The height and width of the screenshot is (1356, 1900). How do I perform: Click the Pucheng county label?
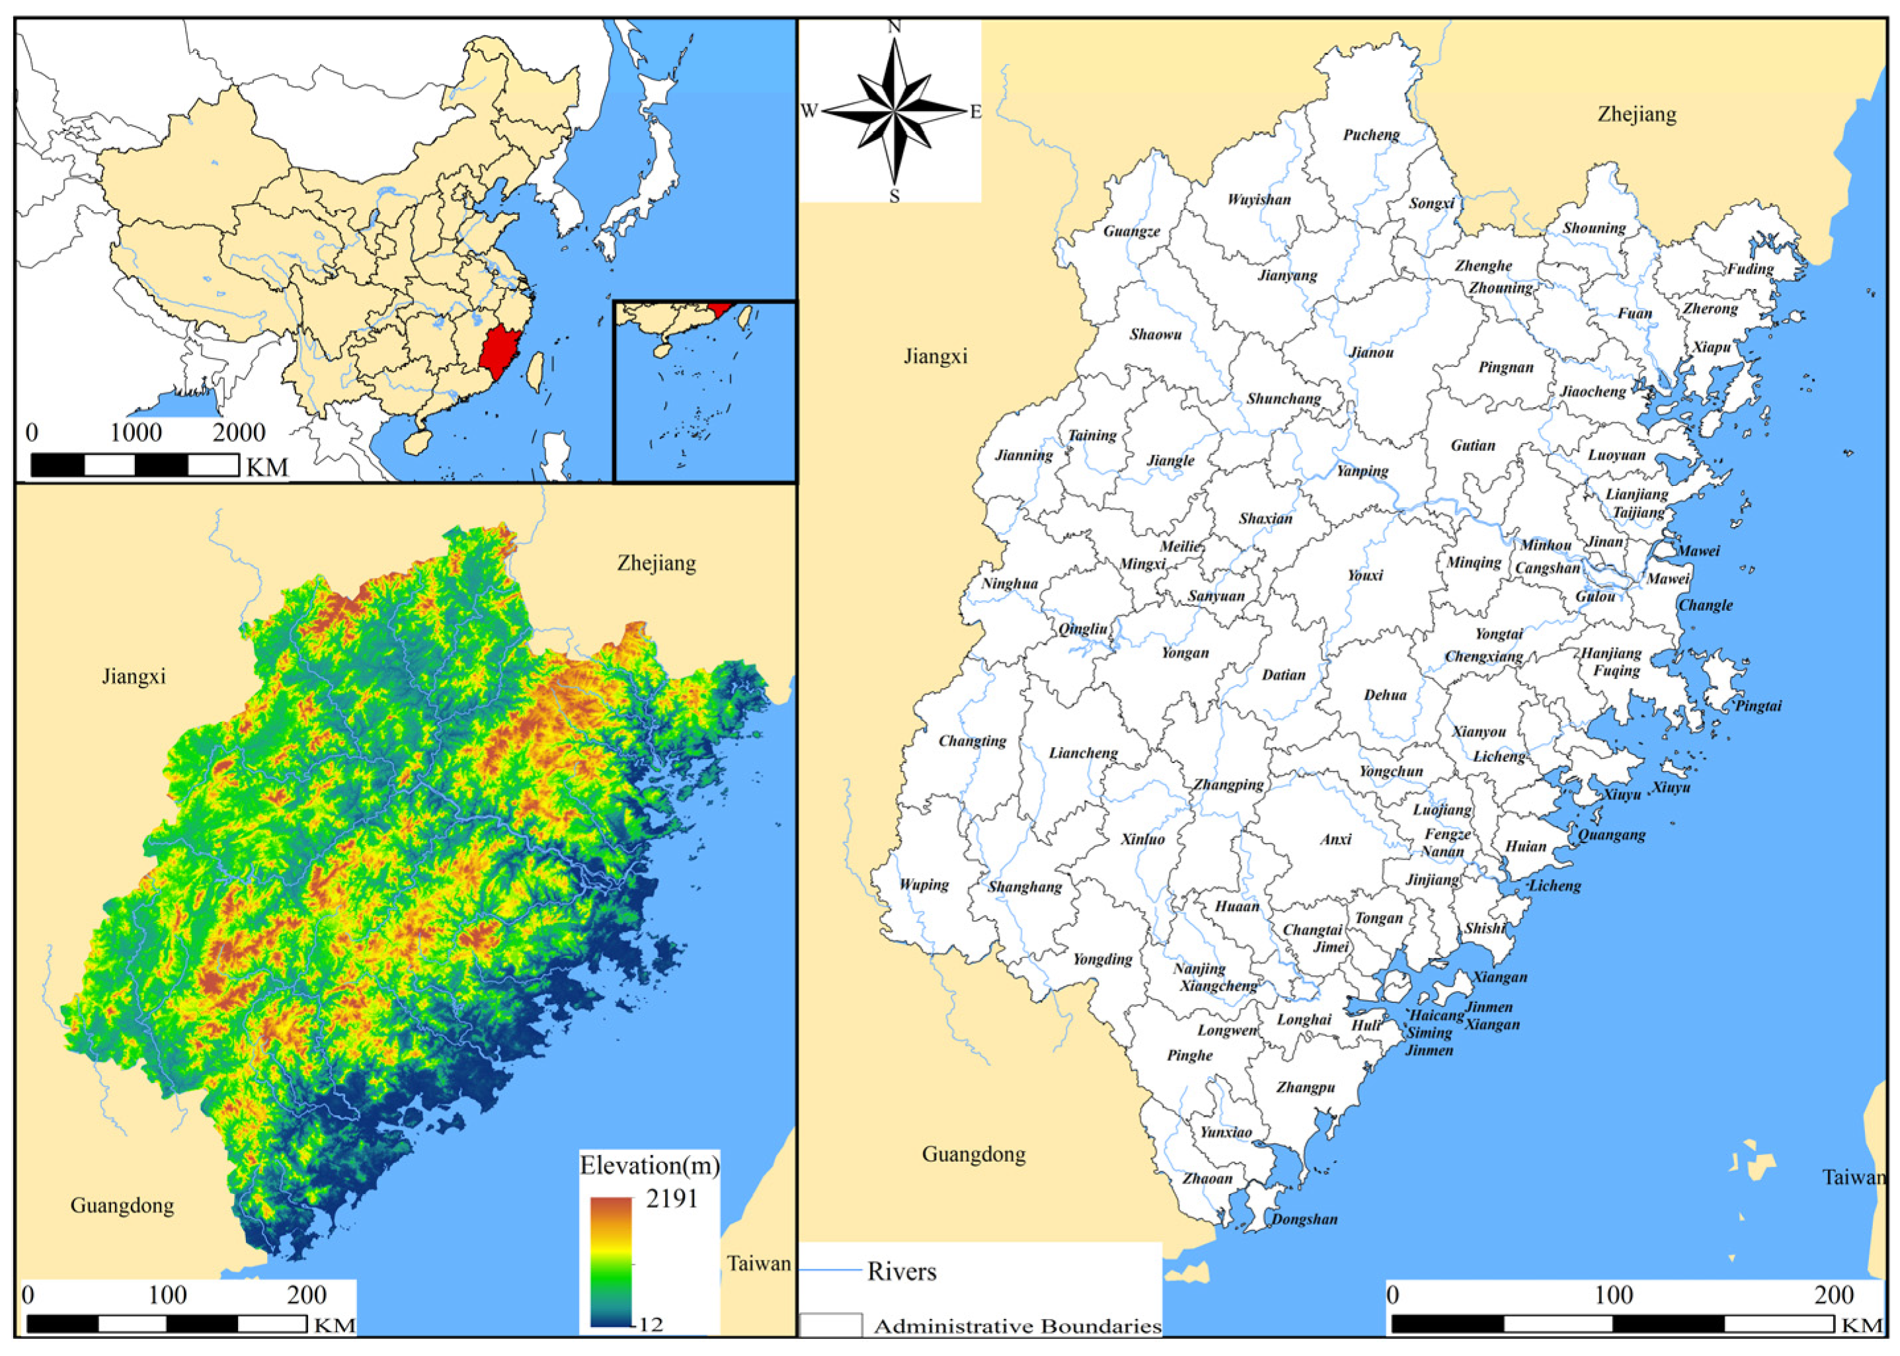tap(1370, 134)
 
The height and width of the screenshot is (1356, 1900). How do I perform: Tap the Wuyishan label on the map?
tap(1259, 200)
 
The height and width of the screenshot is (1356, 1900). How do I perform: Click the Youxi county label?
tap(1365, 575)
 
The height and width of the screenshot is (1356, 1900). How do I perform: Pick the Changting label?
tap(972, 740)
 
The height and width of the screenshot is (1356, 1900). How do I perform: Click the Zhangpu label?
tap(1306, 1087)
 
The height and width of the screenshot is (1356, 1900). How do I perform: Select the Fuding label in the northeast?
tap(1750, 269)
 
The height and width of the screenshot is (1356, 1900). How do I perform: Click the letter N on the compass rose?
tap(894, 26)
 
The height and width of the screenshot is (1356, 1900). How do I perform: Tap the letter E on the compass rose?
tap(975, 111)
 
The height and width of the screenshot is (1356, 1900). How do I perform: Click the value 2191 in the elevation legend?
tap(671, 1199)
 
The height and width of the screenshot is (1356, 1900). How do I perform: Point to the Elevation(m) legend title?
tap(649, 1166)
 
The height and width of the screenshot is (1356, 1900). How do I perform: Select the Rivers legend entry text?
tap(902, 1271)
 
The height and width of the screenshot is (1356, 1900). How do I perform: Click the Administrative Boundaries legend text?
tap(1017, 1326)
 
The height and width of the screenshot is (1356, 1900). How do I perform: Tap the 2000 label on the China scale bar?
tap(239, 432)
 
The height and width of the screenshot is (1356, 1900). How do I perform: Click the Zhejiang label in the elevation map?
tap(656, 563)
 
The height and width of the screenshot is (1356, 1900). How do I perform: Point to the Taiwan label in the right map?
tap(1853, 1177)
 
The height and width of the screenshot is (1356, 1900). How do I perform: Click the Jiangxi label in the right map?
tap(935, 356)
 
